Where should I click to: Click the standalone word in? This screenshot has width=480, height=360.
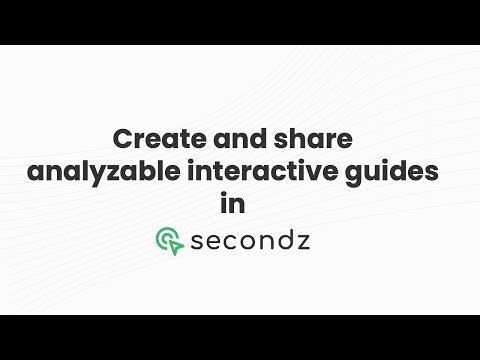click(239, 203)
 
